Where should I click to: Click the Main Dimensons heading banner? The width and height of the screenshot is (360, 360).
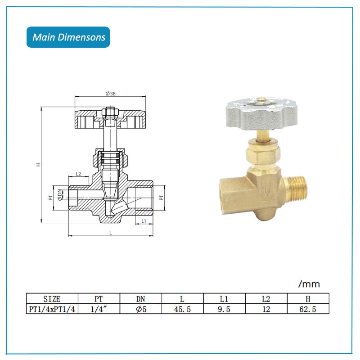coord(68,37)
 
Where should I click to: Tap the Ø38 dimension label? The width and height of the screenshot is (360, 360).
coord(111,94)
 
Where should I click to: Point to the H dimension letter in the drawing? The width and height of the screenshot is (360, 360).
coord(39,165)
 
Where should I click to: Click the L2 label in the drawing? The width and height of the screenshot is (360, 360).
coord(78,174)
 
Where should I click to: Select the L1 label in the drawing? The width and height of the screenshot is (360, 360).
coord(144,221)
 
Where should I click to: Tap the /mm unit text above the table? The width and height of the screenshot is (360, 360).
coord(309,284)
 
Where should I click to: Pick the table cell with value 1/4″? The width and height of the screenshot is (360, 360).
coord(99,309)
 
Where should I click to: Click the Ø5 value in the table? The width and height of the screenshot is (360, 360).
coord(140,309)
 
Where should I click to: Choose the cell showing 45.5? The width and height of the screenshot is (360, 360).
coord(182,309)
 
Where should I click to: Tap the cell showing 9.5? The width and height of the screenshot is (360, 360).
coord(224,309)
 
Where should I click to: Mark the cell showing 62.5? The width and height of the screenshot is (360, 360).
coord(308,309)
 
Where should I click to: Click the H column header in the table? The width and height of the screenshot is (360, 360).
coord(308,299)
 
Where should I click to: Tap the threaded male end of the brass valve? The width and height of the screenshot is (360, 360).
coord(295,184)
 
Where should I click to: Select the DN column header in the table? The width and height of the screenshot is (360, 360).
coord(140,299)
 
